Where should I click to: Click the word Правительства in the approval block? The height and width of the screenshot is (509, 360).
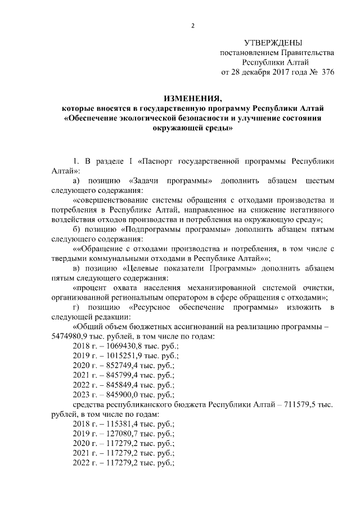coord(304,53)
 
